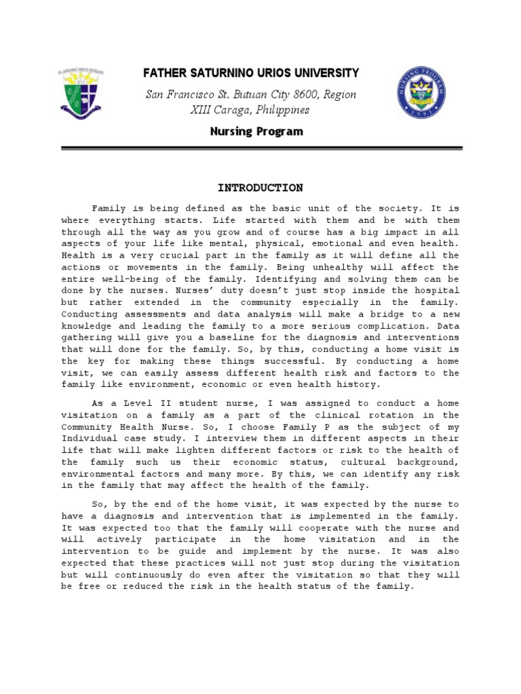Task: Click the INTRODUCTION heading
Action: pos(260,188)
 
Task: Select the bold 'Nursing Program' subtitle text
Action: pos(256,131)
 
